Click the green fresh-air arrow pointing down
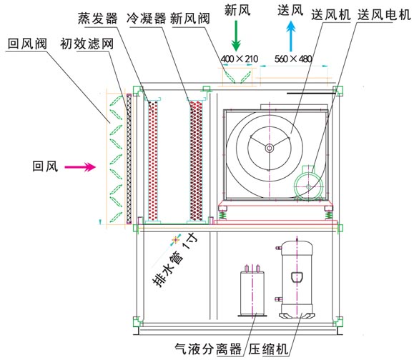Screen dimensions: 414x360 (236, 36)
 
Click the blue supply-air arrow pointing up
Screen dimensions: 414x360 (291, 36)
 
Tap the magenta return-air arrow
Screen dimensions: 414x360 (80, 166)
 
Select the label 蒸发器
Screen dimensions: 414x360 (98, 19)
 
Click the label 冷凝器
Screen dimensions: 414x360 (146, 19)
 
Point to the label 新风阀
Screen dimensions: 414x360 (190, 19)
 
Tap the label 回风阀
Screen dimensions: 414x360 (27, 44)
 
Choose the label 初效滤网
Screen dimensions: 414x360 (87, 44)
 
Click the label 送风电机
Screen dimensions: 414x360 (384, 14)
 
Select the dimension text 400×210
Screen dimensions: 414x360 (240, 59)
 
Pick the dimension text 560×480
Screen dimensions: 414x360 (293, 59)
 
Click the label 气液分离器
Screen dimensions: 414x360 (208, 349)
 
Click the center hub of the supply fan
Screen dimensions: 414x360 (270, 148)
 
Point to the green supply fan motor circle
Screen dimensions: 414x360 (308, 186)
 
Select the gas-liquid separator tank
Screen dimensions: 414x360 (252, 291)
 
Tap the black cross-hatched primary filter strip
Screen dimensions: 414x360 (129, 159)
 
